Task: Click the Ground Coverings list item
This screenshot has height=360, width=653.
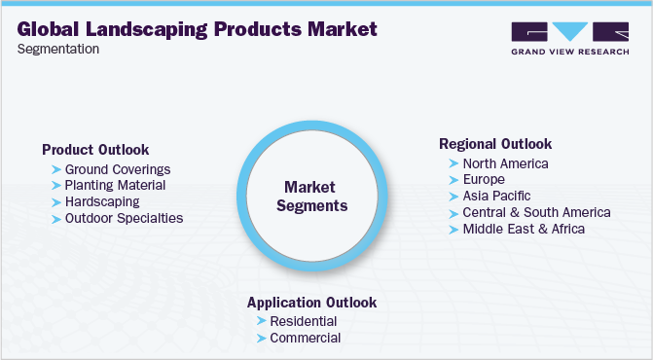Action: click(117, 169)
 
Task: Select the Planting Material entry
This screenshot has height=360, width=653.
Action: click(115, 185)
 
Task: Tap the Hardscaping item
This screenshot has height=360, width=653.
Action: click(101, 201)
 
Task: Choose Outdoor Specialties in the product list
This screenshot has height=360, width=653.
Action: click(124, 218)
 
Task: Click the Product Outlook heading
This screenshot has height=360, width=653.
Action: click(95, 150)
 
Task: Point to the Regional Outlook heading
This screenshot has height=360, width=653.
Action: click(495, 144)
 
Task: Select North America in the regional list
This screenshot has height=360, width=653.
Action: click(505, 163)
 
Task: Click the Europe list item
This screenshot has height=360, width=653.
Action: click(484, 180)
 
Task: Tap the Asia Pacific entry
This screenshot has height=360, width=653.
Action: click(497, 196)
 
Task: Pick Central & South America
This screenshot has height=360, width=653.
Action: click(536, 212)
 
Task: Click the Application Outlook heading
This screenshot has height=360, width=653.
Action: click(311, 303)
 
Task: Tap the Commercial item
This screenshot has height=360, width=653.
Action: click(306, 338)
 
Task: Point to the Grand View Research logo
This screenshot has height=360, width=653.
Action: click(568, 38)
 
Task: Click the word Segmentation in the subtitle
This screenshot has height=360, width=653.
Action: click(58, 49)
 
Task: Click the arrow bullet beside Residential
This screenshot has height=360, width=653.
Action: click(261, 321)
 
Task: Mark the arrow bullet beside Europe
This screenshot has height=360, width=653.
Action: click(453, 180)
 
